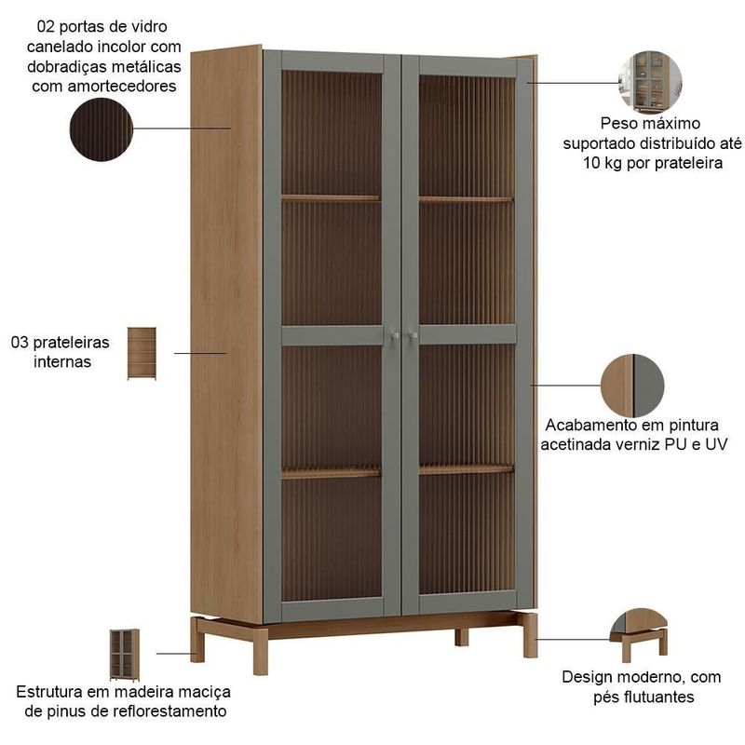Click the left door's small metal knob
tap(395, 336)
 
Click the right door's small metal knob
tap(413, 336)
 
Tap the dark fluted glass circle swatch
tap(102, 129)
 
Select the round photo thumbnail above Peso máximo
tap(650, 83)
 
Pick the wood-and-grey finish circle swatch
tap(632, 386)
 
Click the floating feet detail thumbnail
tap(639, 635)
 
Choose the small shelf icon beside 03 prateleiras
tap(142, 353)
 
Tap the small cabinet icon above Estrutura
tap(125, 655)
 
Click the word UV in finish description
tap(716, 444)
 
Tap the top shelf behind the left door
tap(331, 198)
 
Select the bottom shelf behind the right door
tap(467, 470)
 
